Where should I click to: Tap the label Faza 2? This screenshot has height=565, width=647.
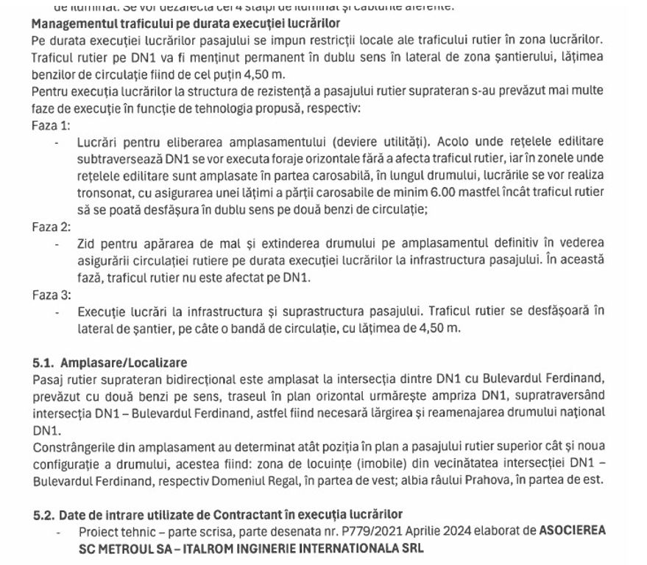(52, 226)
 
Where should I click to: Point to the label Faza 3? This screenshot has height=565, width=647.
(52, 294)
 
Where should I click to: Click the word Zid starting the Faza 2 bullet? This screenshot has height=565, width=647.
(87, 243)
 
